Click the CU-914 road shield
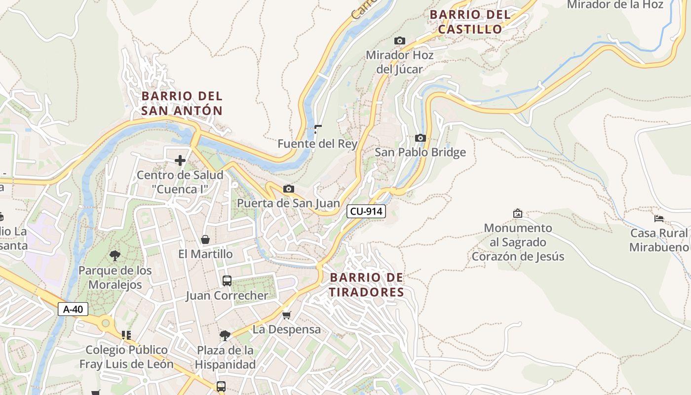[366, 211]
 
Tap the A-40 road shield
[73, 310]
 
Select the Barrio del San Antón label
[182, 103]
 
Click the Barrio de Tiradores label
[366, 285]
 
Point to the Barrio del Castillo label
[470, 22]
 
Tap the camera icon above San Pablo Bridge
[420, 138]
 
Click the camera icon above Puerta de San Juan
[289, 189]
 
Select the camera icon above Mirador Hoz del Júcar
[399, 41]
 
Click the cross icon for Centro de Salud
[180, 160]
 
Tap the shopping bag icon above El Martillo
[205, 240]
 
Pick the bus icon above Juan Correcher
[227, 281]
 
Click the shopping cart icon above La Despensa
[286, 315]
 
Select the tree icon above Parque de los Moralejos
[115, 256]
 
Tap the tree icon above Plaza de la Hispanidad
[225, 336]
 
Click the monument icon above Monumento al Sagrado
[518, 213]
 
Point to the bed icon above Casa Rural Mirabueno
[659, 218]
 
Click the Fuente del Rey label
[317, 144]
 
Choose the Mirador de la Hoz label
[615, 5]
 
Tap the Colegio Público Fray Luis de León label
[126, 357]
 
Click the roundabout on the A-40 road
[105, 324]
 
